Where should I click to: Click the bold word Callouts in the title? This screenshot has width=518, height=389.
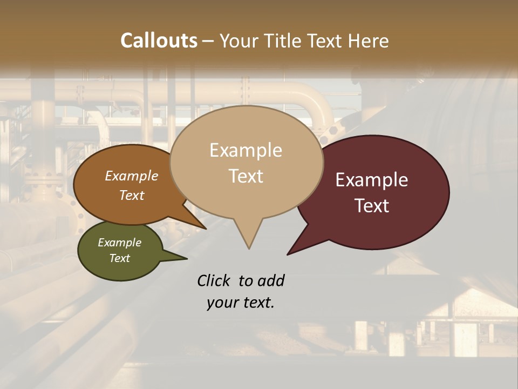click(159, 41)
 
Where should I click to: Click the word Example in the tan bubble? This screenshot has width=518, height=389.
click(246, 150)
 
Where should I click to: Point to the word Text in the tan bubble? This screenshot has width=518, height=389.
click(246, 176)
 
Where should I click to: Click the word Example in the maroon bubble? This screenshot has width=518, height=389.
click(372, 180)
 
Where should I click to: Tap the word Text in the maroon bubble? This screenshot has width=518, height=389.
click(372, 206)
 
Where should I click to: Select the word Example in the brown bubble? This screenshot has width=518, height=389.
click(131, 176)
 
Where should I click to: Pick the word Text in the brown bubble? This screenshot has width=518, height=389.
click(132, 195)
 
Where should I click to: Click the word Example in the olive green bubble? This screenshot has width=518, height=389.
click(119, 243)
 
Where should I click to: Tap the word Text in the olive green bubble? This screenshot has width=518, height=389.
click(120, 258)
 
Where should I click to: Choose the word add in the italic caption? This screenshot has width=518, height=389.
click(270, 281)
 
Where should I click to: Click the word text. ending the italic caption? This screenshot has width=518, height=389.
click(258, 303)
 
